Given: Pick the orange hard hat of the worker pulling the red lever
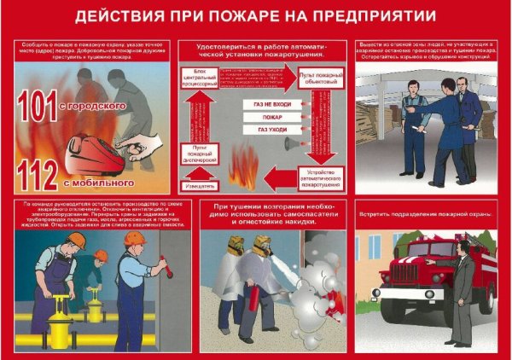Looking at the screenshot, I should click(133, 240).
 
